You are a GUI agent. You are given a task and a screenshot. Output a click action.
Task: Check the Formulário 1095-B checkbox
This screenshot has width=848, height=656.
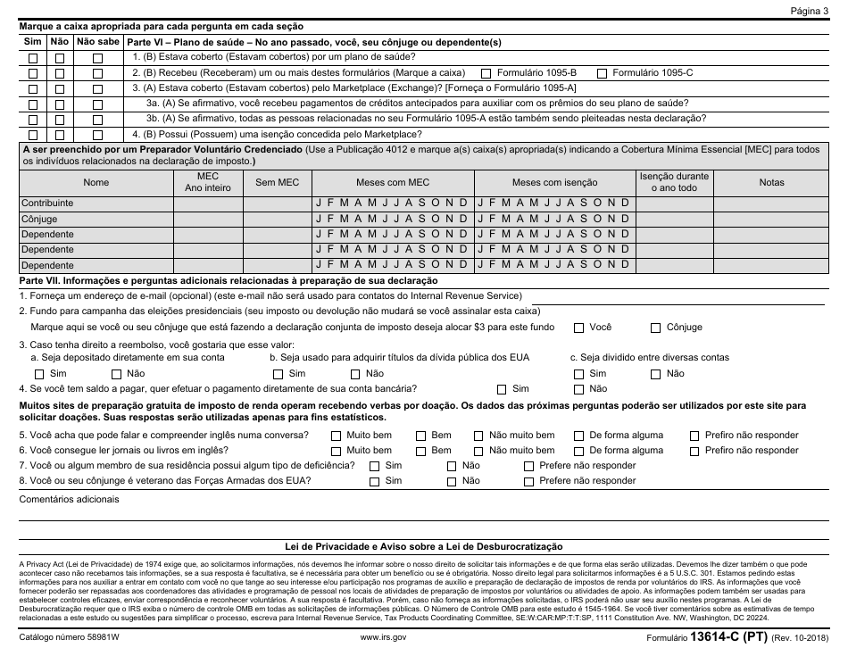(486, 72)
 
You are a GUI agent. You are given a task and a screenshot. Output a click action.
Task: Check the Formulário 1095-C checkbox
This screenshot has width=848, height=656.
(602, 72)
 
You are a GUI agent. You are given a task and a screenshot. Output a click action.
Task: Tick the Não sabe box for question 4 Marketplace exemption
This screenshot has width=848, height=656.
(97, 134)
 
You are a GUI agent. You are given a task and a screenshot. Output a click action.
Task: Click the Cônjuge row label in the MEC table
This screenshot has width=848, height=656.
(38, 219)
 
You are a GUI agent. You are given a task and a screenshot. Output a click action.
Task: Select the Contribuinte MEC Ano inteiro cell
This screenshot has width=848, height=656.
(207, 203)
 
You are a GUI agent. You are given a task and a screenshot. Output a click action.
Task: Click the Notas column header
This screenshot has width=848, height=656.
(771, 182)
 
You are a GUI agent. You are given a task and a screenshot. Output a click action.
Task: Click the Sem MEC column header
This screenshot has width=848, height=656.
(277, 182)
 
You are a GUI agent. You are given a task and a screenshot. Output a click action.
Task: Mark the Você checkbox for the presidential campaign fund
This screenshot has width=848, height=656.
(579, 328)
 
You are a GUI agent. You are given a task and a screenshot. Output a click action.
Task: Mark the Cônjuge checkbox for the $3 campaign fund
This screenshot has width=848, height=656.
(656, 328)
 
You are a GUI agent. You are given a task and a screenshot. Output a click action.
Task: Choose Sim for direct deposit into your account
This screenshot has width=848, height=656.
(39, 374)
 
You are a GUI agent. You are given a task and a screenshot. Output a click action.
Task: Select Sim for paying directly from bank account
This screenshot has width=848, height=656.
(502, 389)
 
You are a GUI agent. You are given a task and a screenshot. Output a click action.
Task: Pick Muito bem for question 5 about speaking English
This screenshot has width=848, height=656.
(337, 436)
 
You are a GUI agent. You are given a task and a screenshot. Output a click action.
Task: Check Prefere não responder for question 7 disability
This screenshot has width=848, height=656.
(529, 466)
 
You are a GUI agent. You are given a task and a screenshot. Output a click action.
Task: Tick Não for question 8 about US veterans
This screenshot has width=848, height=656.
(452, 481)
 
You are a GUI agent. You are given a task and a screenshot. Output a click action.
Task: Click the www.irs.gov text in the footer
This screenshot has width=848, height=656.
(384, 637)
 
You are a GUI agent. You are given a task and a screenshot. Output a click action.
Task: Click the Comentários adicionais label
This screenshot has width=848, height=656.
(69, 499)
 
